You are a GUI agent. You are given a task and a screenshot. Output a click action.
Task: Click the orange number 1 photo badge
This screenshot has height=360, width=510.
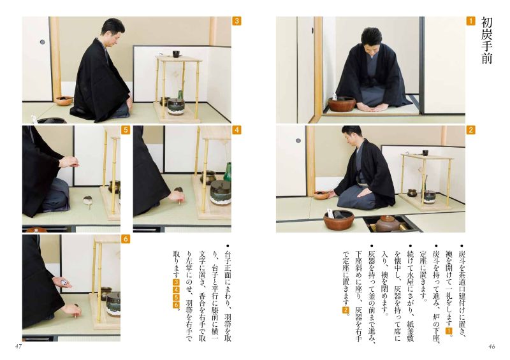[470, 21]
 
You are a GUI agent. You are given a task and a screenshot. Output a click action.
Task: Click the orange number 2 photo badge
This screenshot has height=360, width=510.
[470, 130]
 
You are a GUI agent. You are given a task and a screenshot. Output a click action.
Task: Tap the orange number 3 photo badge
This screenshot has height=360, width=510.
[237, 21]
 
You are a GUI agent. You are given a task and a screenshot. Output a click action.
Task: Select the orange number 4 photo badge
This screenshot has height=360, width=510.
[237, 130]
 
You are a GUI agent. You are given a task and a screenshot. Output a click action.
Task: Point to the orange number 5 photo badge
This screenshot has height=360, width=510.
[126, 130]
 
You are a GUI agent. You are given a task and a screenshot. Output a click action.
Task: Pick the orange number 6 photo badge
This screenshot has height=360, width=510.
[126, 239]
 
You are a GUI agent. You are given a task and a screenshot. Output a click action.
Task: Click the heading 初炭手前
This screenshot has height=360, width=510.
[486, 40]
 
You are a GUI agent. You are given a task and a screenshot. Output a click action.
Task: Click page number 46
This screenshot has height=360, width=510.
[492, 347]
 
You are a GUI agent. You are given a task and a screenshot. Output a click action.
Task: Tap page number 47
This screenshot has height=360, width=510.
[18, 347]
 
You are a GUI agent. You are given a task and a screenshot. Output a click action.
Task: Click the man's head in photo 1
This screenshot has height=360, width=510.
[371, 41]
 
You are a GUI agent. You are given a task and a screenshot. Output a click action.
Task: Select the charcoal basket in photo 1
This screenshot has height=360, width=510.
[342, 104]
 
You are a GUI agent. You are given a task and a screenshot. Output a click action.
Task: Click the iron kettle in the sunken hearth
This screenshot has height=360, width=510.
[387, 223]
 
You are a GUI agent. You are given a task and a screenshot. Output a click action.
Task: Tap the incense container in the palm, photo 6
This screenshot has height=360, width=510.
[65, 283]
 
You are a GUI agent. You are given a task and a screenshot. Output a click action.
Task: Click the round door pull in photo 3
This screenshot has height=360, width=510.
[42, 42]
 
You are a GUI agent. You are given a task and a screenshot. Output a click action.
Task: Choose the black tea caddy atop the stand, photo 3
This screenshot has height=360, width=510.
[176, 54]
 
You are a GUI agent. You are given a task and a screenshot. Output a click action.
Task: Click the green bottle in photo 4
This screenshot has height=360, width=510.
[228, 172]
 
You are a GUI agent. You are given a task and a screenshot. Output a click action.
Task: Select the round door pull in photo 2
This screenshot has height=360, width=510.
[298, 140]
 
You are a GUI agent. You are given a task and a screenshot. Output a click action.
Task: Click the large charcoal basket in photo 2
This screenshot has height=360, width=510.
[339, 220]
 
